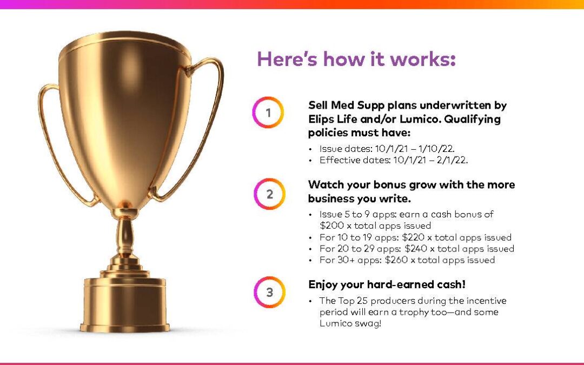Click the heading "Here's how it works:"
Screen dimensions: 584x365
click(356, 59)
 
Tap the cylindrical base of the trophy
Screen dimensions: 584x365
click(125, 303)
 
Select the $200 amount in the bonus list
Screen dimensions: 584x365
click(331, 225)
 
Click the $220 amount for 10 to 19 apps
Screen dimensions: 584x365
click(414, 237)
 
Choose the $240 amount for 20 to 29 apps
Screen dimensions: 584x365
click(416, 248)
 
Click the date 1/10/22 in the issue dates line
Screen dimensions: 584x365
click(436, 149)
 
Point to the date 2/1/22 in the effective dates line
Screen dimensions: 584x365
click(452, 160)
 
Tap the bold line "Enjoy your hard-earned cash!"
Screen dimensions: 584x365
click(387, 284)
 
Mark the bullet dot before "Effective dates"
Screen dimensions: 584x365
click(310, 161)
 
